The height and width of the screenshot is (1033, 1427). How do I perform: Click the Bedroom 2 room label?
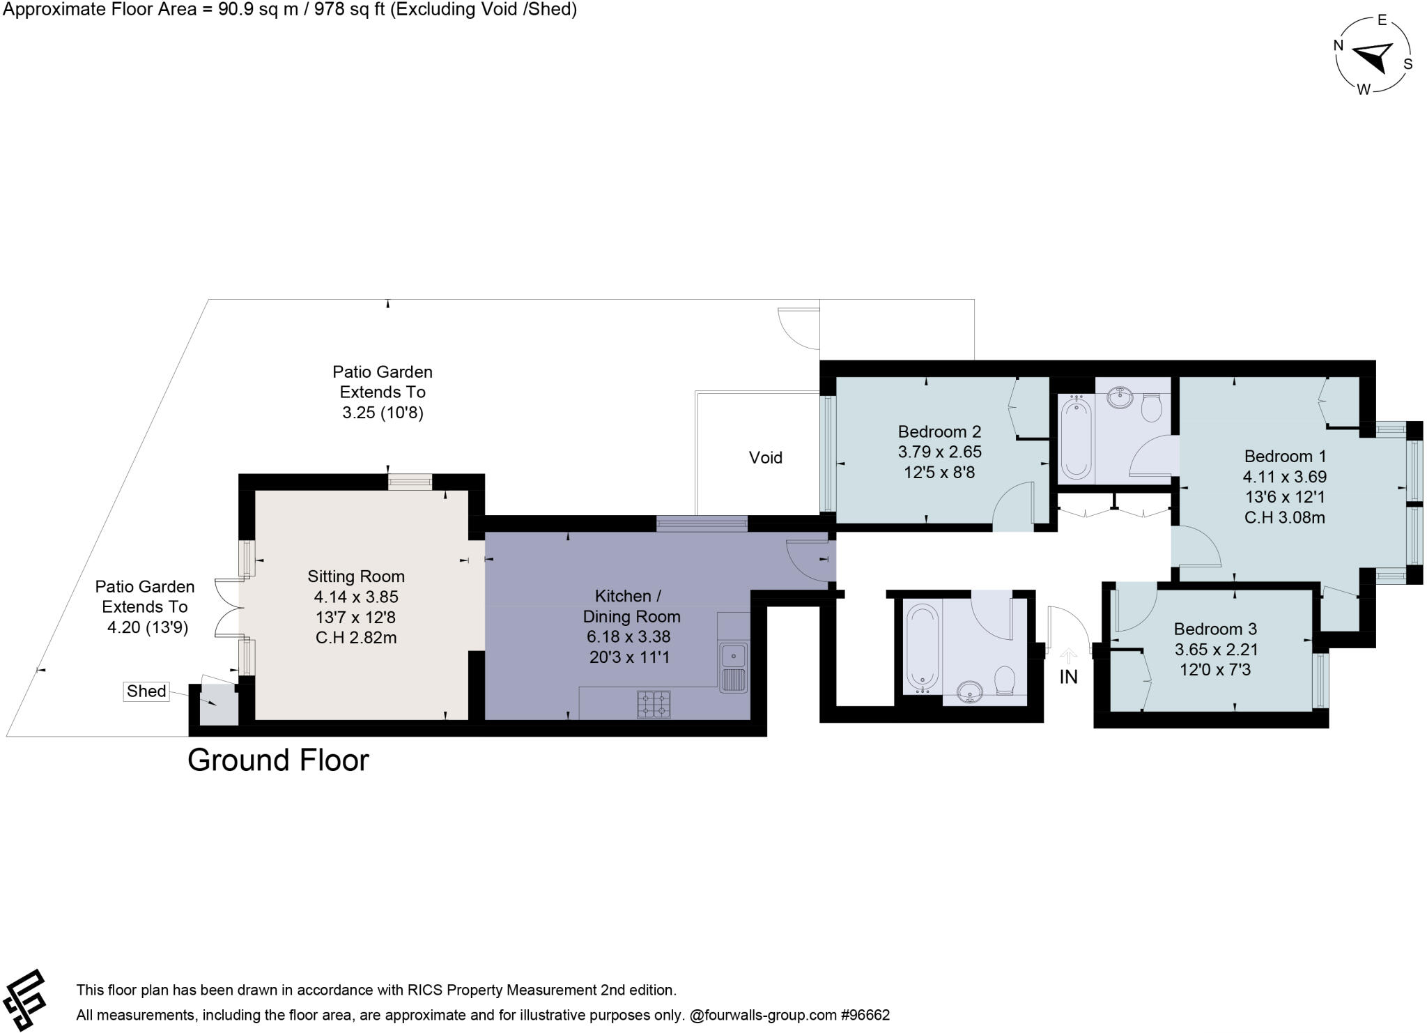(939, 431)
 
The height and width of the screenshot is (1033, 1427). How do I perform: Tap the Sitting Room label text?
(356, 576)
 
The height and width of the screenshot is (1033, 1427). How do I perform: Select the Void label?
(765, 458)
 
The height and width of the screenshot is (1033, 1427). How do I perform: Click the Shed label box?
(146, 691)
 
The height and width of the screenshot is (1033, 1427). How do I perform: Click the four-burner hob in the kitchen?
(654, 704)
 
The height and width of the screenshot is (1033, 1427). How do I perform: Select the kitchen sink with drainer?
(733, 668)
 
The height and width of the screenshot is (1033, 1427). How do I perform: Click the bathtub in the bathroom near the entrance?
(922, 647)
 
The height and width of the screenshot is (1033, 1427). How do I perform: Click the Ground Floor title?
(278, 760)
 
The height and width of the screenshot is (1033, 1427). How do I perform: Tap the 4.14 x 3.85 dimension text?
(356, 597)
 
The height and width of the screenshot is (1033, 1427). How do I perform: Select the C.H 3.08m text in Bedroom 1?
(1284, 517)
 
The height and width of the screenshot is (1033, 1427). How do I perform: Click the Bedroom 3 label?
(1215, 629)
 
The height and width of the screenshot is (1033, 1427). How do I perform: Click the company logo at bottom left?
(24, 1000)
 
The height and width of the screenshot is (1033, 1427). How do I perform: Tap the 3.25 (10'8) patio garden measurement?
(383, 413)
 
